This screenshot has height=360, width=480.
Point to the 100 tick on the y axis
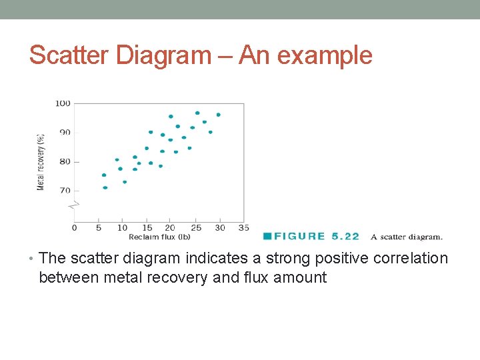(63, 103)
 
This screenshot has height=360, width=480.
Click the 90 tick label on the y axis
(64, 132)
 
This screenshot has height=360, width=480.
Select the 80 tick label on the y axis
(64, 161)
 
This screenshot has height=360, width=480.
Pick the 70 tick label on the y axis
(64, 191)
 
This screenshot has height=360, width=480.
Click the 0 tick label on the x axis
(74, 228)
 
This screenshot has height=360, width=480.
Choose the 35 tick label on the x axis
(243, 228)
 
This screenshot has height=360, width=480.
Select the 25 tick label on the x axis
(195, 228)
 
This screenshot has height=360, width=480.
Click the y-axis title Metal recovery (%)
(41, 162)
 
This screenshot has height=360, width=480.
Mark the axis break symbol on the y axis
(75, 204)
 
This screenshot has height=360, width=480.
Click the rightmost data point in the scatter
(218, 115)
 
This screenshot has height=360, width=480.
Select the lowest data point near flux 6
(105, 187)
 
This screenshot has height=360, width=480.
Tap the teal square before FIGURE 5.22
(267, 236)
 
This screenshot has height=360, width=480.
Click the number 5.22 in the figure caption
(344, 236)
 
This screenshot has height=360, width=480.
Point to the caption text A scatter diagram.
(406, 237)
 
